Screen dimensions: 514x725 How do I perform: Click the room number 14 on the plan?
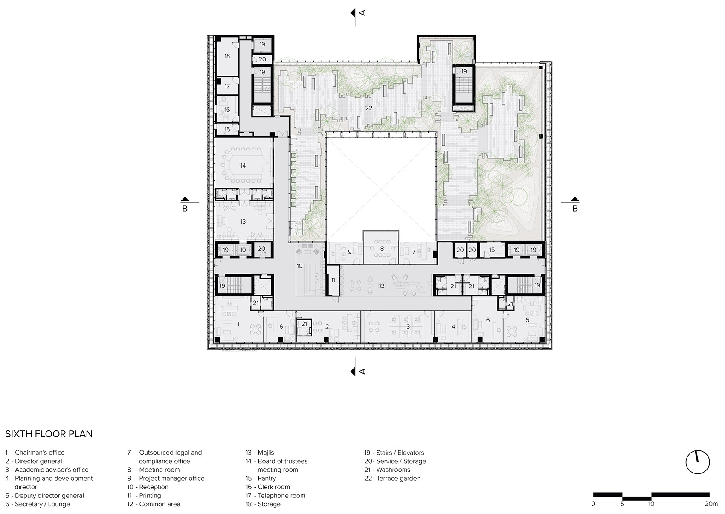coord(243,166)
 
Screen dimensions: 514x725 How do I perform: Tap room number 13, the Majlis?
coord(243,221)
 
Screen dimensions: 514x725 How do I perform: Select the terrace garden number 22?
coord(369,108)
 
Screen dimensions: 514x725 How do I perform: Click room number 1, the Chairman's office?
coord(238,324)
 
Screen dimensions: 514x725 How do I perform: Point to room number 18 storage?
coord(227,56)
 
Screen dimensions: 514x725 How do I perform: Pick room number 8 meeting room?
coord(382,248)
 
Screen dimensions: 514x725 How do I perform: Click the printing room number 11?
coord(333,280)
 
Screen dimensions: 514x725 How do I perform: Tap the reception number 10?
coord(299,266)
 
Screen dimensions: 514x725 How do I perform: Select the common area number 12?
coord(382,286)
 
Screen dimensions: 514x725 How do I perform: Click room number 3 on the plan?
coord(408,326)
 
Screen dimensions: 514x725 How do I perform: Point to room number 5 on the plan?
coord(527,319)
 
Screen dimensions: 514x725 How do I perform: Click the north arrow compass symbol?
coord(698,462)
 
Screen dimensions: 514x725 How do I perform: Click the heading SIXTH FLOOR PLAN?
coord(49,434)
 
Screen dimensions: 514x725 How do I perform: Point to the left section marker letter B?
coord(185,209)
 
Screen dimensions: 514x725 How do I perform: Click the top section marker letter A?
coord(362,13)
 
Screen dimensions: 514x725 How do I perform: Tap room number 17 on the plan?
coord(227,86)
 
